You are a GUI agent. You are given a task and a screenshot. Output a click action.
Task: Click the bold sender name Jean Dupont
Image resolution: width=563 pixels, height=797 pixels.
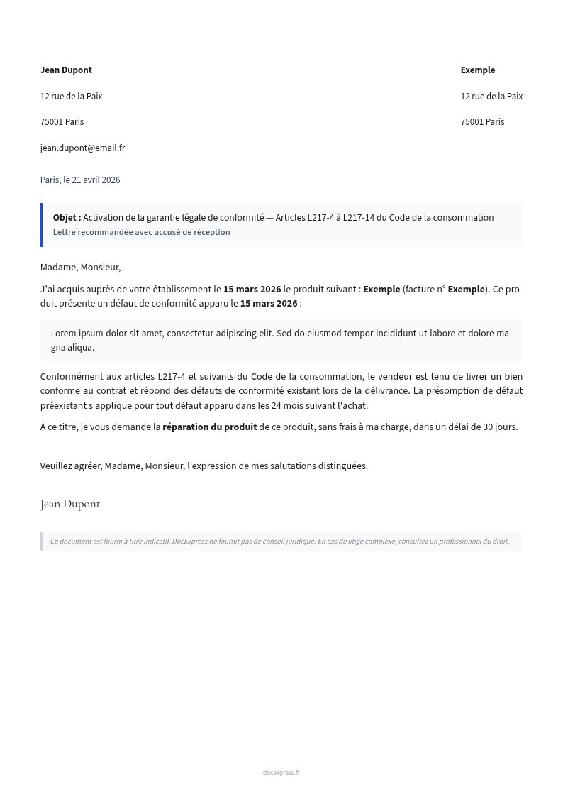66,70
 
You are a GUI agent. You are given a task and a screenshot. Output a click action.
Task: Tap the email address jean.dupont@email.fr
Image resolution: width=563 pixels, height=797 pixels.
82,148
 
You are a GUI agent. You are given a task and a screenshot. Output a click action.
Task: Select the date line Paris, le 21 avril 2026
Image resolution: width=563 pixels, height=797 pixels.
80,180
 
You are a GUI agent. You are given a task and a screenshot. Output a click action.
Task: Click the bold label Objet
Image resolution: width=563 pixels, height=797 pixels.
67,218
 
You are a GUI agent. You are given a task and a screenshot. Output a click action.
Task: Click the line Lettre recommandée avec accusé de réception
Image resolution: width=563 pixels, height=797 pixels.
141,232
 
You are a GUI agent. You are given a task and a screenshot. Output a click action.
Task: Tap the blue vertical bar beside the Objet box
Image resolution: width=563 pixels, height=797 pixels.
42,225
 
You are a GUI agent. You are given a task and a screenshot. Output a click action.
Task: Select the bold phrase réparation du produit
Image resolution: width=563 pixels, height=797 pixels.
209,427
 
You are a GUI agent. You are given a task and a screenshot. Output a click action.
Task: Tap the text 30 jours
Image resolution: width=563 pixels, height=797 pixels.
500,427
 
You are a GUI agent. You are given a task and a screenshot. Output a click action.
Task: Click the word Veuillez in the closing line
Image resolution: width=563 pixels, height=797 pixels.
57,466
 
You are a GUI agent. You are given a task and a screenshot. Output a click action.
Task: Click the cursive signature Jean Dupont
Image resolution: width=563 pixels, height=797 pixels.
70,505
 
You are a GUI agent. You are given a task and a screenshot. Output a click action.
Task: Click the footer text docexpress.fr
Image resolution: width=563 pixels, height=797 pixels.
281,773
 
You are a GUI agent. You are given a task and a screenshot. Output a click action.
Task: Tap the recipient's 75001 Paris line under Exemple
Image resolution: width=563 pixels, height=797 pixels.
482,122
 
